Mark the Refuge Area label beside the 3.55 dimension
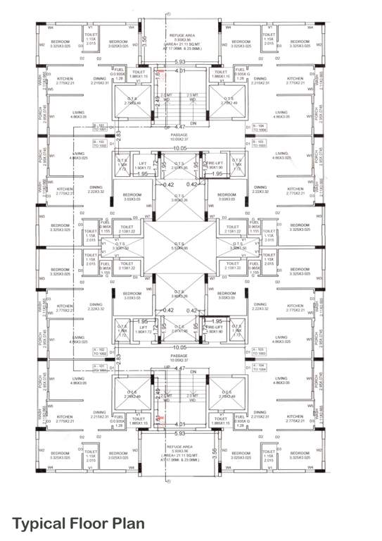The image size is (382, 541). click(x=182, y=449)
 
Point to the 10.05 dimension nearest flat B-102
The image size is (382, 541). click(x=181, y=149)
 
